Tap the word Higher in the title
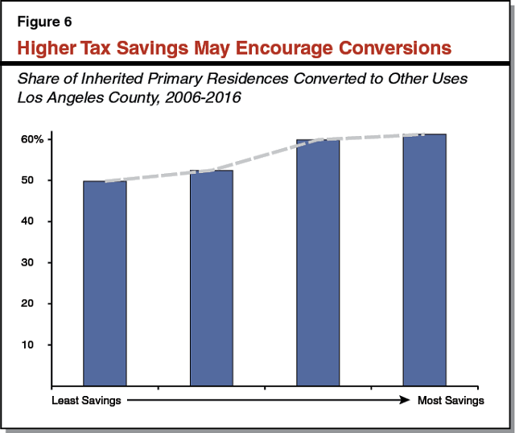[49, 48]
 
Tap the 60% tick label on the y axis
[32, 139]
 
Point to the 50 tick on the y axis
[38, 180]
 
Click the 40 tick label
[38, 221]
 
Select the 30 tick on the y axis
[38, 262]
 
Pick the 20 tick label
[38, 303]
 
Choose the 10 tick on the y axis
[38, 344]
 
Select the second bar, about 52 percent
[211, 278]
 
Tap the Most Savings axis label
[451, 400]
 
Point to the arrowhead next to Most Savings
[407, 399]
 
